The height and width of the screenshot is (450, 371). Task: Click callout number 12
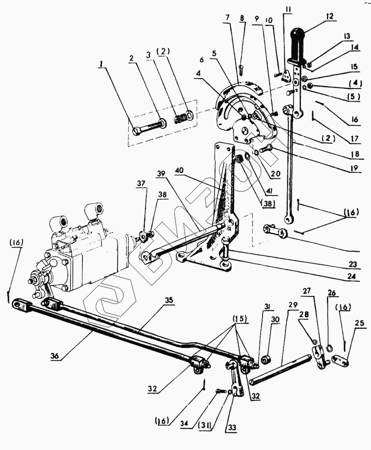pos(330,16)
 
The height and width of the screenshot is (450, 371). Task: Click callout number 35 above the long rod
pos(168,300)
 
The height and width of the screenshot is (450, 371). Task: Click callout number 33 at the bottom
pos(230,426)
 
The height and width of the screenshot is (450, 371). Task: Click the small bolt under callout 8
pos(241,69)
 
